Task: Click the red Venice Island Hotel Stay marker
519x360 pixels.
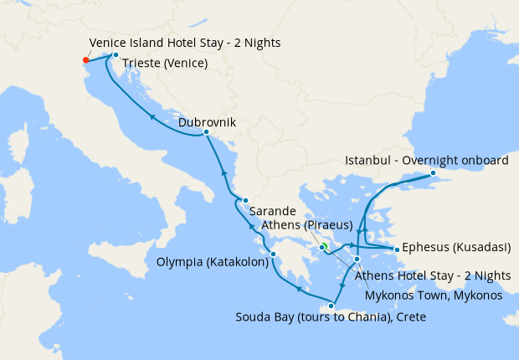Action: point(85,60)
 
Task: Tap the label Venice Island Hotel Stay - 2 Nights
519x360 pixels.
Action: point(184,43)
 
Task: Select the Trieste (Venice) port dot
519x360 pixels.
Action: point(116,55)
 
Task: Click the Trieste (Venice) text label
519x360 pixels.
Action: point(165,64)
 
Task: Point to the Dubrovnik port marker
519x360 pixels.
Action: point(206,132)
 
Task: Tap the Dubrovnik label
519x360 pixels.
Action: point(207,122)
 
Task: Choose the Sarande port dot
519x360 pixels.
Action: point(244,200)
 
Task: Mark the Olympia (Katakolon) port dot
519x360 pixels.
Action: point(273,254)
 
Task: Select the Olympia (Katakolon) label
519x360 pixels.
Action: point(213,261)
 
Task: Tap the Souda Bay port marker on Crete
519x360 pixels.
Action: point(331,306)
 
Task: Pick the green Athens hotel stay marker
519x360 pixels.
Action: point(324,246)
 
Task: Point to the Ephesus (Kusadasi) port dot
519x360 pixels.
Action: point(396,249)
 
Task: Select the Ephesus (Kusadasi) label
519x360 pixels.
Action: point(455,249)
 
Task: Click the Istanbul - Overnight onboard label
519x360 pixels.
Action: point(426,161)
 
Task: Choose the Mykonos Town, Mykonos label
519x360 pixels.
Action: point(434,295)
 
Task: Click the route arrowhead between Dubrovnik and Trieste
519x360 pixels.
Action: point(152,116)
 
